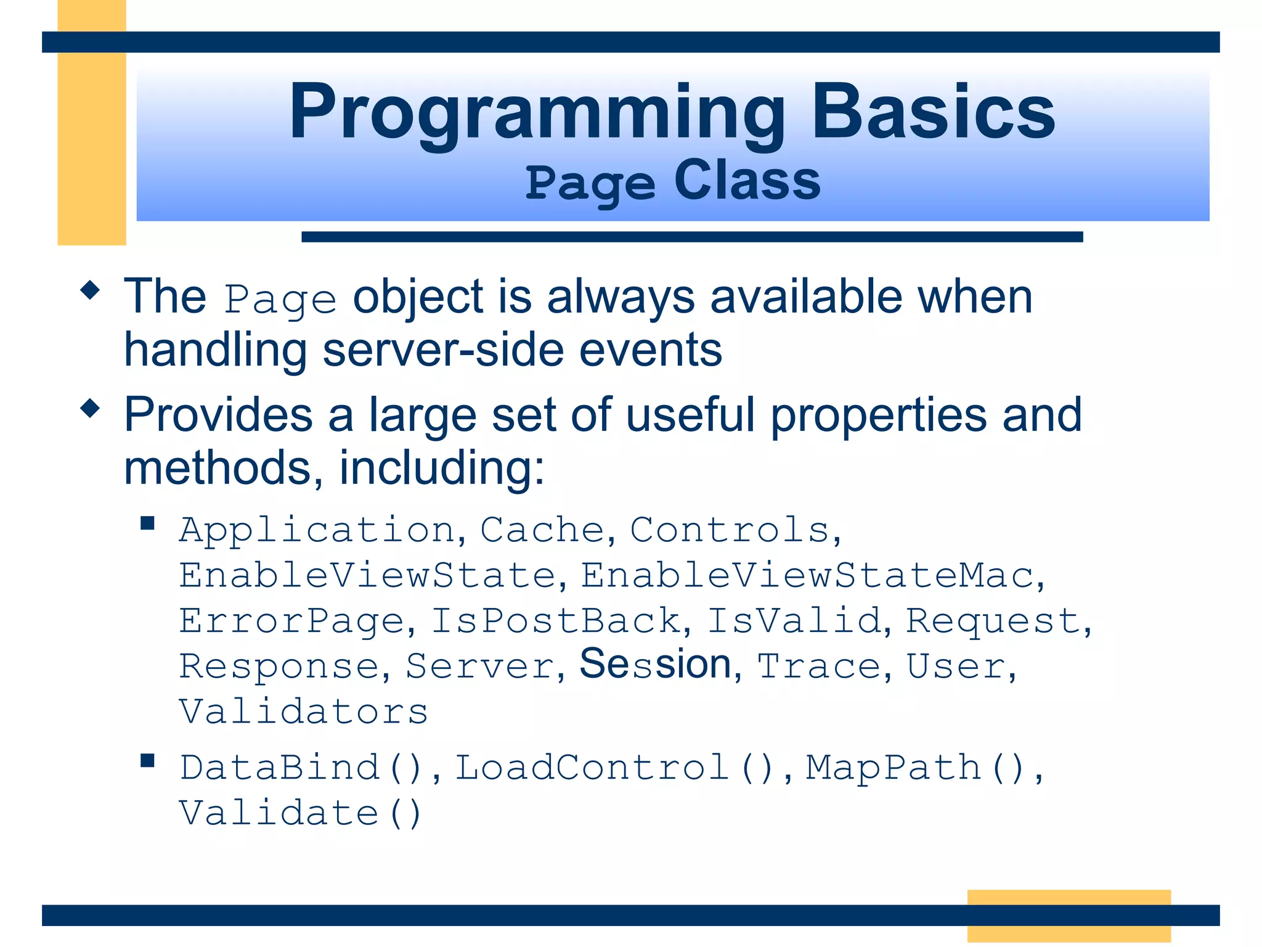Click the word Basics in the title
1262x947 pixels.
point(932,112)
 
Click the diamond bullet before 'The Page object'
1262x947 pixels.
point(90,290)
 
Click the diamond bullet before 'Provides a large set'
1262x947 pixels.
point(90,408)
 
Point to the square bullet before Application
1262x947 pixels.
point(147,523)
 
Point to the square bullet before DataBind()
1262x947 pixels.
point(147,760)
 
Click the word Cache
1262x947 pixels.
point(542,530)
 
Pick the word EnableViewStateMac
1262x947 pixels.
point(807,576)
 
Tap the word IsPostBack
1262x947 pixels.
point(556,621)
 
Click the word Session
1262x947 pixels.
point(655,665)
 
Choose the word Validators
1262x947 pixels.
point(303,712)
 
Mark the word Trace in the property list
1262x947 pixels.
point(819,666)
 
